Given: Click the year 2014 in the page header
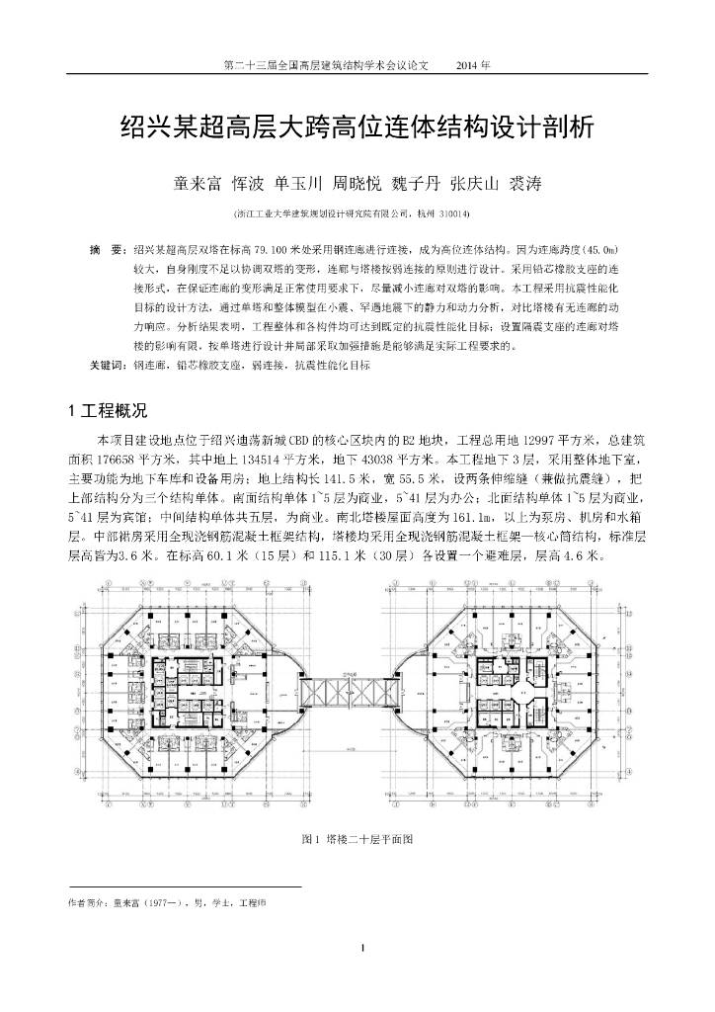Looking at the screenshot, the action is click(472, 65).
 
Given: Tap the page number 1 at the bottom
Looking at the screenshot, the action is click(363, 950).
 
